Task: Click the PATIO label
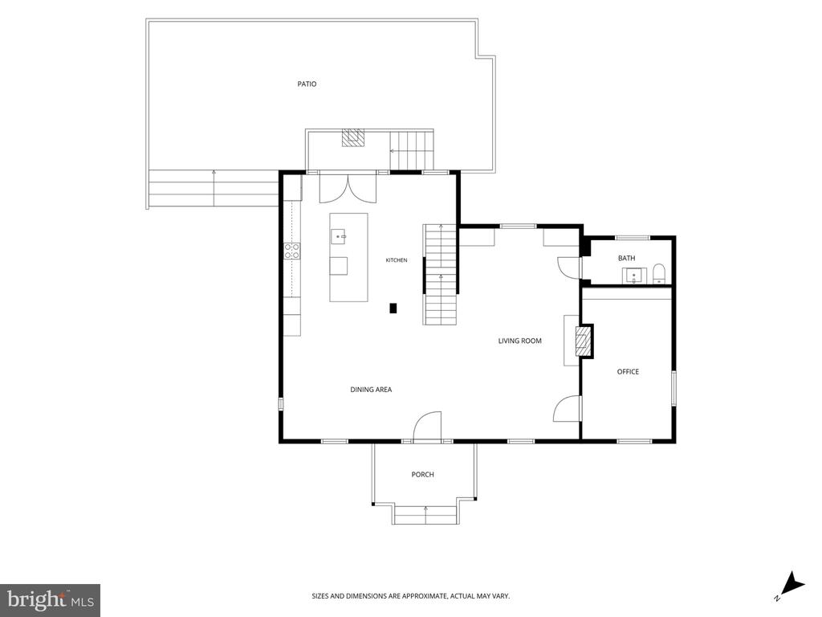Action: click(307, 84)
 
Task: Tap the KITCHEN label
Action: click(397, 260)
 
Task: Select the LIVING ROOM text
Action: click(519, 341)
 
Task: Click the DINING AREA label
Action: click(371, 390)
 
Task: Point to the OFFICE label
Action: click(628, 371)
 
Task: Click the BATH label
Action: click(626, 258)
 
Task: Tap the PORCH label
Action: click(422, 474)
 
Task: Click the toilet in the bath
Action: click(658, 274)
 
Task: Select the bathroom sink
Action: click(634, 276)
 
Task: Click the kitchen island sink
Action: click(338, 237)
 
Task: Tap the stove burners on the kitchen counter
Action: click(292, 251)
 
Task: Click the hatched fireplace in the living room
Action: click(583, 341)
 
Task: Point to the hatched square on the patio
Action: click(353, 138)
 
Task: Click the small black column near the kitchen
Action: click(393, 308)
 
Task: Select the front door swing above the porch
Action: click(427, 427)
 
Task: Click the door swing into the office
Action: click(568, 408)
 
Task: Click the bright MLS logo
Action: click(51, 600)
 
